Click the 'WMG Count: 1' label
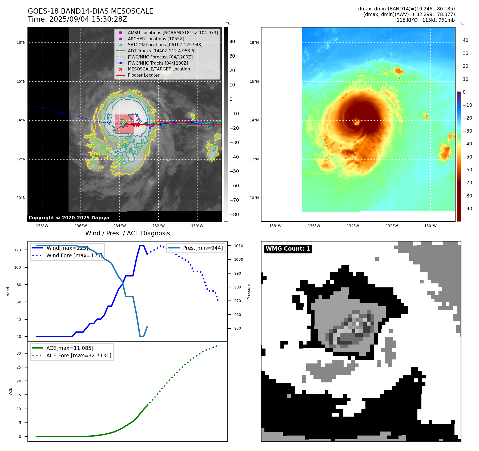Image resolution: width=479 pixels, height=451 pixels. click(288, 249)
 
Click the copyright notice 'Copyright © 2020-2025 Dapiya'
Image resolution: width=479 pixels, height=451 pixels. click(69, 218)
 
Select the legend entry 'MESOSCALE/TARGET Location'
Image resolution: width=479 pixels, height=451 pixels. click(159, 69)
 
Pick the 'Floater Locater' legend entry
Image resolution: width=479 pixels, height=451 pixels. click(143, 75)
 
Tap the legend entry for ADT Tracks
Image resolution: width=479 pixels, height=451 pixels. click(162, 51)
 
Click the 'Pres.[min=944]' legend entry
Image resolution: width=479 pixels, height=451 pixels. click(203, 248)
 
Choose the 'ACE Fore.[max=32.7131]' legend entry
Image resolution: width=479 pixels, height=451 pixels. click(79, 355)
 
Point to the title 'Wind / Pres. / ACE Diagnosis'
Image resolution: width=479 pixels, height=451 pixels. click(127, 233)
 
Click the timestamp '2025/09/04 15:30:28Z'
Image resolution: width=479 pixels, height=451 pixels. click(88, 19)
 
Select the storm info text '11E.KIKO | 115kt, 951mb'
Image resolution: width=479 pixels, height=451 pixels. click(425, 20)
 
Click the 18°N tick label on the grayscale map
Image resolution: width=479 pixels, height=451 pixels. click(21, 42)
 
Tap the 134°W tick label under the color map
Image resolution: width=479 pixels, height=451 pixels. click(353, 226)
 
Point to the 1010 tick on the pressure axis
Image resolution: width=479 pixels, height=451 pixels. click(239, 246)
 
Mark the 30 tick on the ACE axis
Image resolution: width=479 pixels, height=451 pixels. click(19, 353)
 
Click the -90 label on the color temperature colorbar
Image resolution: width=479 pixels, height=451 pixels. click(467, 209)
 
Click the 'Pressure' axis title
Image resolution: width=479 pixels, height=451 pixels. click(249, 291)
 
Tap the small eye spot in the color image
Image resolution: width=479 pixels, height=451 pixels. click(357, 123)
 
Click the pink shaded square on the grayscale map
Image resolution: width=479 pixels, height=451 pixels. click(124, 124)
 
